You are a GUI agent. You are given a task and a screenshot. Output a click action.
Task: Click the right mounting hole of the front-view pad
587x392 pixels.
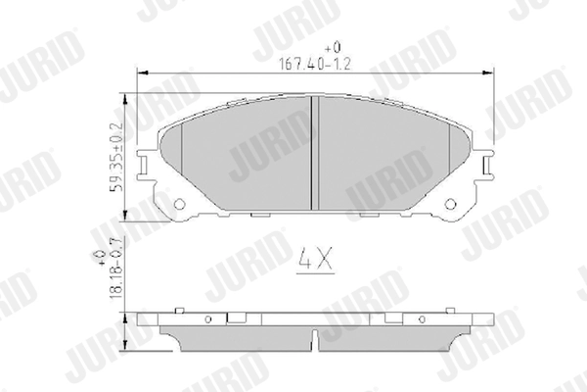(x=452, y=203)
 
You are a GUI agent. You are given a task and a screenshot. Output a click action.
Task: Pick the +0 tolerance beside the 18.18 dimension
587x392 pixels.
(x=102, y=257)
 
